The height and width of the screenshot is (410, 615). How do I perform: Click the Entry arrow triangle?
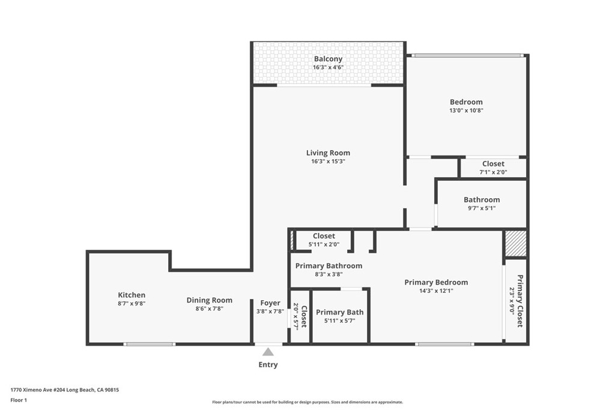(x=268, y=352)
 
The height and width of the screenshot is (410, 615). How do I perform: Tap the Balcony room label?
(x=328, y=59)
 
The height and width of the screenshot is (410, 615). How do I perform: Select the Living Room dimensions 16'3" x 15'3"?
(x=328, y=161)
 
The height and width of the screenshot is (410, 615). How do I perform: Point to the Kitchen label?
(x=132, y=295)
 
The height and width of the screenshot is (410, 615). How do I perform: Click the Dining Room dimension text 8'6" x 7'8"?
(x=210, y=309)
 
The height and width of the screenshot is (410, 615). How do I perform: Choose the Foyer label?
(x=270, y=303)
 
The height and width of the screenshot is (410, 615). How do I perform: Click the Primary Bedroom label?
(x=436, y=282)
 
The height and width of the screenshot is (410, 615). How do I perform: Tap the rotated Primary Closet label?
(x=520, y=301)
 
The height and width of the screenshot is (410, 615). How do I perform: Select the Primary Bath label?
(x=340, y=312)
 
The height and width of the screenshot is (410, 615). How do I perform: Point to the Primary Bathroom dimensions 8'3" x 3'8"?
(x=329, y=274)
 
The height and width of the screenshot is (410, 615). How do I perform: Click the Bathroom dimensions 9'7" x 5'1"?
(x=482, y=208)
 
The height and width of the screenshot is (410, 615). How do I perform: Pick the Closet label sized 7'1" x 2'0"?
(x=493, y=164)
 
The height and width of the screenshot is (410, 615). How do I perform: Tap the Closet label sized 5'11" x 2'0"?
(x=324, y=236)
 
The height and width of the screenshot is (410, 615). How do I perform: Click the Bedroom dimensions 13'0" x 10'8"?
(x=466, y=110)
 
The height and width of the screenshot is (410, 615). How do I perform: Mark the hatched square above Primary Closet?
(x=515, y=244)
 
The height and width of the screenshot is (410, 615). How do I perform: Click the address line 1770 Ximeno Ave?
(x=65, y=390)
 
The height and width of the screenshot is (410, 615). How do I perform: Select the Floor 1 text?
(x=19, y=400)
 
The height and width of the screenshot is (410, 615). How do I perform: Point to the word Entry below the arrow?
(x=268, y=364)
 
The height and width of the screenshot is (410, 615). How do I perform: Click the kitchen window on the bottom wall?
(x=150, y=344)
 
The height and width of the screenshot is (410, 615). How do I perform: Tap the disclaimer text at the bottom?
(x=307, y=402)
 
